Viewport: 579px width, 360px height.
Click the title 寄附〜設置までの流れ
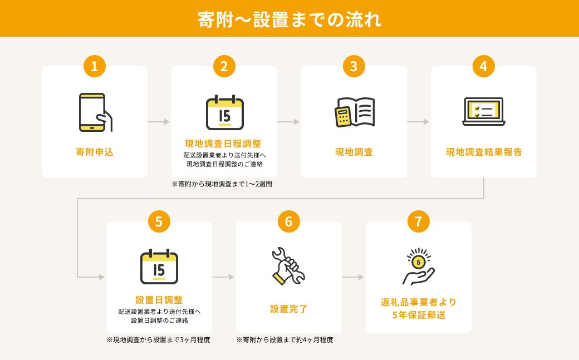[x=289, y=19]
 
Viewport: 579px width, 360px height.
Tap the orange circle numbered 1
[x=95, y=66]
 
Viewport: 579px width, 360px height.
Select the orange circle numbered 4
[x=483, y=66]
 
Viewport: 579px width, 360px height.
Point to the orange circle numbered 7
[x=418, y=221]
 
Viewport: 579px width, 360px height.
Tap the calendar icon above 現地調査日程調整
[x=224, y=112]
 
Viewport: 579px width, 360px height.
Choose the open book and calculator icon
[x=355, y=112]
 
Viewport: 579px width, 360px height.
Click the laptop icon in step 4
[x=484, y=111]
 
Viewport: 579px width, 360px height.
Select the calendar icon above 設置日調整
[x=159, y=267]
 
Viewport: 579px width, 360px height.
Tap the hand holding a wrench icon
[x=288, y=266]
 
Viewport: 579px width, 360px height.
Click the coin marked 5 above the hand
[x=418, y=262]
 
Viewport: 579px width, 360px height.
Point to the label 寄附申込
[x=95, y=152]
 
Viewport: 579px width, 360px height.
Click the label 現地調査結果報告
[x=484, y=152]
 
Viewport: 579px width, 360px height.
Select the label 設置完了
[x=289, y=309]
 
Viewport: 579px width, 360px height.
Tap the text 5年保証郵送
[x=419, y=315]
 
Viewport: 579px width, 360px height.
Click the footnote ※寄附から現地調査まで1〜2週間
[x=222, y=184]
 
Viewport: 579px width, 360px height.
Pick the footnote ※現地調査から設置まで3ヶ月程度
[x=159, y=340]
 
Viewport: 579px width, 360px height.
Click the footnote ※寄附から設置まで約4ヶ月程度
[x=284, y=340]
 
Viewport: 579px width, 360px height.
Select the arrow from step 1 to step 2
[x=159, y=121]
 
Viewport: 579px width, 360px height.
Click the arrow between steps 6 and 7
[x=353, y=277]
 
